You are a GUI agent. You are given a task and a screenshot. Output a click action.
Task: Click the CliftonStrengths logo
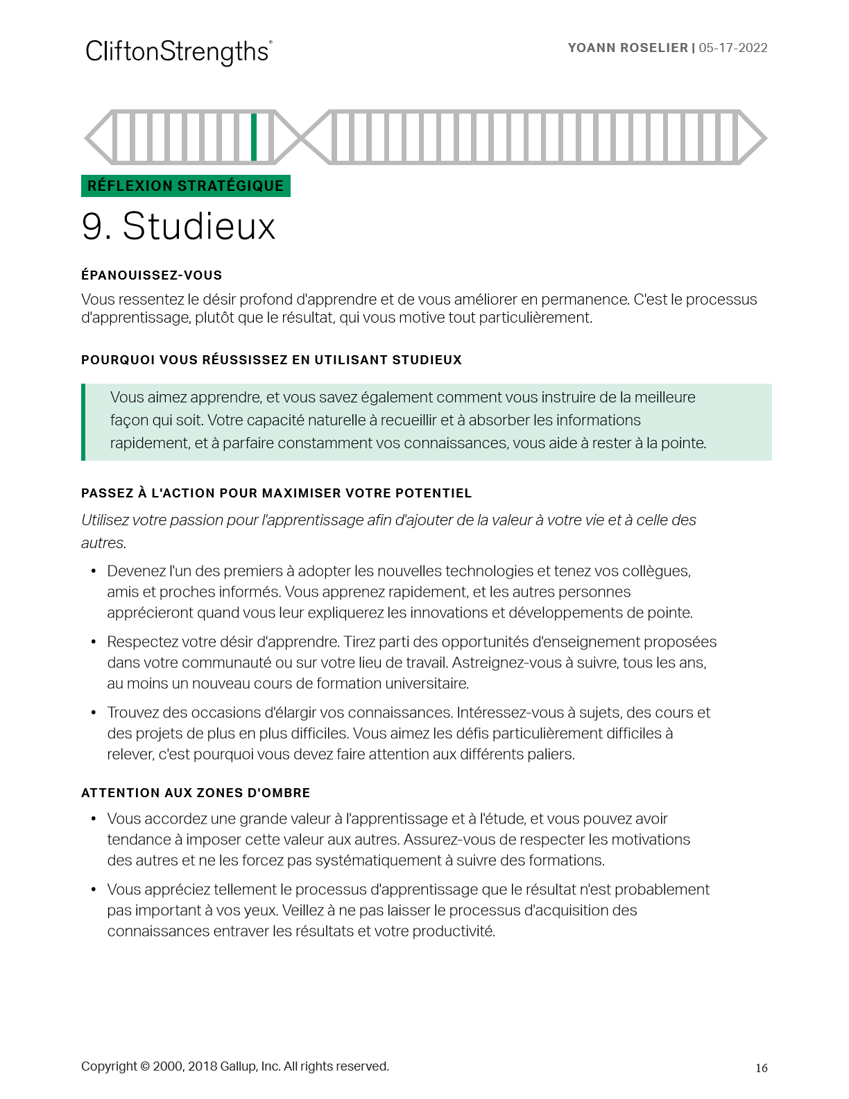tap(178, 52)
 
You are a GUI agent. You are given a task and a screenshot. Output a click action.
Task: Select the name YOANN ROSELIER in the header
tap(628, 48)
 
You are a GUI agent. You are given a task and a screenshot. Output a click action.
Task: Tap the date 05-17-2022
tap(733, 48)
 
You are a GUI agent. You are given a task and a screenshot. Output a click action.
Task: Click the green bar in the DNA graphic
tap(254, 137)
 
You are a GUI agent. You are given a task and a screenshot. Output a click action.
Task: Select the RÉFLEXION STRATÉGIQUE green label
tap(185, 186)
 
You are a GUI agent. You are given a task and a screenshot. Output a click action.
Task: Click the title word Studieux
tap(199, 226)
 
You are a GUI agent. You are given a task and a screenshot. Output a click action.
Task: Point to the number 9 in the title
tap(93, 226)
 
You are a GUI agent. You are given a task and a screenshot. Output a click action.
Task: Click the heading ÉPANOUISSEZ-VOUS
tap(151, 275)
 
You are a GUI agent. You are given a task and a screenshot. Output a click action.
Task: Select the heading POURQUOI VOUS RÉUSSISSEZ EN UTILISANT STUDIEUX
tap(271, 360)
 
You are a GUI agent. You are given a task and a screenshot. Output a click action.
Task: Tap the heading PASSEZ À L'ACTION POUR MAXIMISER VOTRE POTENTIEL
tap(276, 493)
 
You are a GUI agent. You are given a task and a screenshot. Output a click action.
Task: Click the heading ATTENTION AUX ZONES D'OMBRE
tap(196, 793)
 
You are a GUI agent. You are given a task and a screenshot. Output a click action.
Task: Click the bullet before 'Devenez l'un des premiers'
tap(94, 571)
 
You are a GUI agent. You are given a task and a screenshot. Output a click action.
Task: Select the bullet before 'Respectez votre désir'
tap(94, 642)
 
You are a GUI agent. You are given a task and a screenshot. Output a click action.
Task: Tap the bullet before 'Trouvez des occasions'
tap(94, 713)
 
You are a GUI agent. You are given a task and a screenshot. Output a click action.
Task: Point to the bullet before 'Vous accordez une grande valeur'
tap(94, 819)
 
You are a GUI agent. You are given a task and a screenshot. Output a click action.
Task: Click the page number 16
tap(762, 1068)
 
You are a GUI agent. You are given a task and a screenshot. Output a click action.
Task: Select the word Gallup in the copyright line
tap(238, 1066)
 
